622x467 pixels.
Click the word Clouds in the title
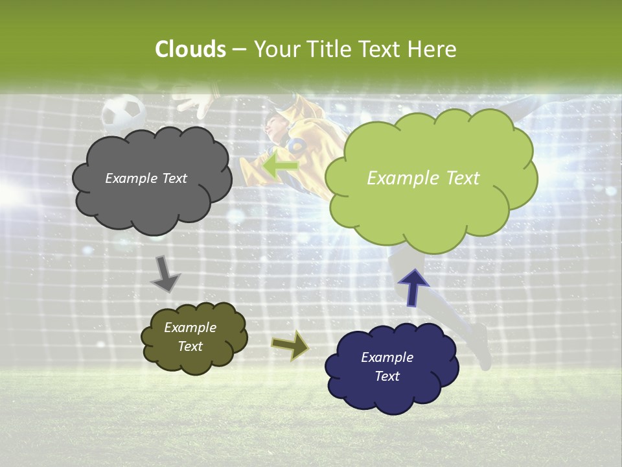click(190, 49)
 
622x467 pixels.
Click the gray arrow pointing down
click(165, 274)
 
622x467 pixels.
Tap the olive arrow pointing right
click(291, 346)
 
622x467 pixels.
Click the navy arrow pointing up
click(413, 286)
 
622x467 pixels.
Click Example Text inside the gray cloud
click(146, 178)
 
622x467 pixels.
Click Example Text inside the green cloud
click(423, 178)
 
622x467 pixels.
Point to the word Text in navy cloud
click(387, 376)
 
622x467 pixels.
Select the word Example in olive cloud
click(190, 328)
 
